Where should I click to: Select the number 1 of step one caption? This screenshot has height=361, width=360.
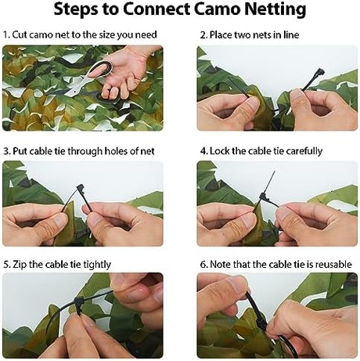point(6,34)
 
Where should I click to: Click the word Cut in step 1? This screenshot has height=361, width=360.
point(20,34)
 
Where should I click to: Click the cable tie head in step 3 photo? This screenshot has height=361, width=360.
point(81,188)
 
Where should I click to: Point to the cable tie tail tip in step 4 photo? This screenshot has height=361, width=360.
point(274,171)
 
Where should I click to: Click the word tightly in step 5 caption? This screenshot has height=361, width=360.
point(97,265)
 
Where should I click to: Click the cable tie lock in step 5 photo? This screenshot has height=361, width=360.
point(79,302)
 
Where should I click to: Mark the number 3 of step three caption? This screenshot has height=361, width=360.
point(6,151)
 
